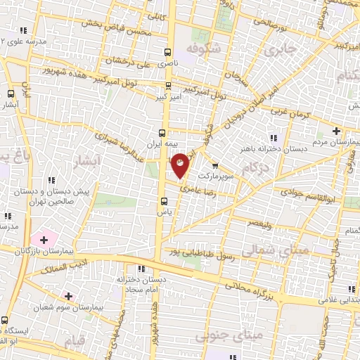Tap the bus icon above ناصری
click(167, 52)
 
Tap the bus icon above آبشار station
click(11, 94)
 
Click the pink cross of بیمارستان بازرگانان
click(43, 240)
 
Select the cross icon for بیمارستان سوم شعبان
click(68, 296)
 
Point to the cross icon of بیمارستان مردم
click(336, 131)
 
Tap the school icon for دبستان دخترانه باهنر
click(272, 138)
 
